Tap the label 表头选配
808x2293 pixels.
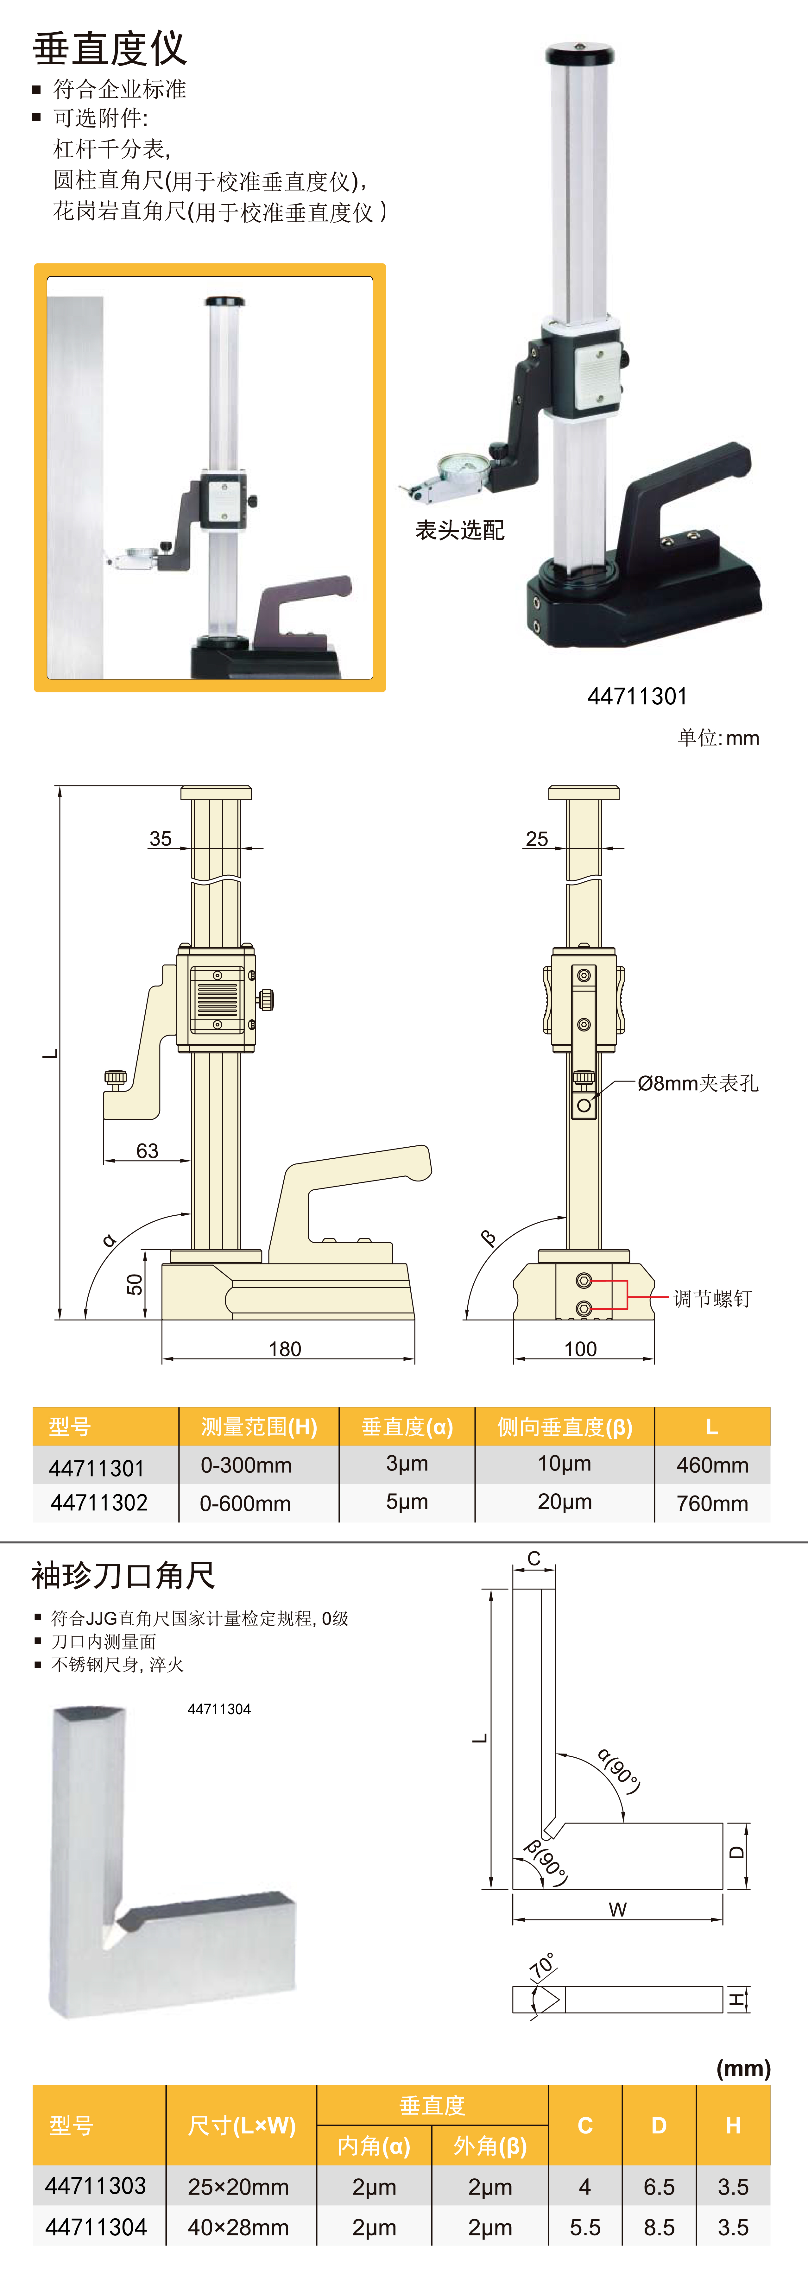(459, 531)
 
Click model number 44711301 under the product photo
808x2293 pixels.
(637, 696)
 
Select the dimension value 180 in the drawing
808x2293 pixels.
(285, 1349)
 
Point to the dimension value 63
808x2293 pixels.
(148, 1151)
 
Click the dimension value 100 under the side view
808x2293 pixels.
(580, 1349)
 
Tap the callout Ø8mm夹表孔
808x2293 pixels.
(698, 1083)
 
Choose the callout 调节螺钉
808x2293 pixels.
(712, 1299)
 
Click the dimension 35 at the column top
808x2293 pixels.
(160, 839)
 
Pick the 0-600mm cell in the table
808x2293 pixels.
(246, 1503)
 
